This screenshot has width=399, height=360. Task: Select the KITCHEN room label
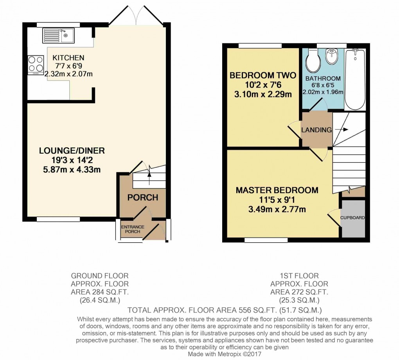point(68,58)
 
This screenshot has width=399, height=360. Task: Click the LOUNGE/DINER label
point(72,150)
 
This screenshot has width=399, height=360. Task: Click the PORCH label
point(143,197)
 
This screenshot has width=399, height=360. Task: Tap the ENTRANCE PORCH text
point(132,229)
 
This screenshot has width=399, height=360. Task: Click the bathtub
point(355,79)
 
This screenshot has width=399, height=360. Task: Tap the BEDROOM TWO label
point(262,75)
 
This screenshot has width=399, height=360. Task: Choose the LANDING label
point(316,130)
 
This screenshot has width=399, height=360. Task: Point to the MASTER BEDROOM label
point(277,190)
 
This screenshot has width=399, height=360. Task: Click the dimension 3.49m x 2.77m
point(277,209)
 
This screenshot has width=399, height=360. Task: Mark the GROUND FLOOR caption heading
point(99,276)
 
